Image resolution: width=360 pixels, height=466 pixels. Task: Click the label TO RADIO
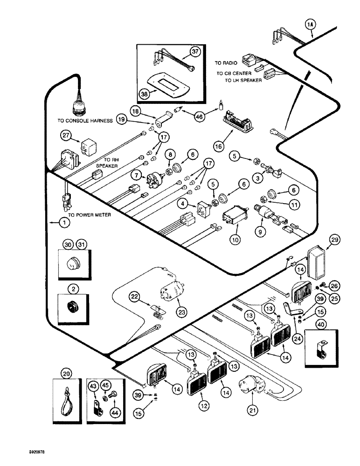pyautogui.click(x=226, y=62)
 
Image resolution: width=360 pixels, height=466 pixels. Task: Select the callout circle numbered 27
pyautogui.click(x=65, y=136)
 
